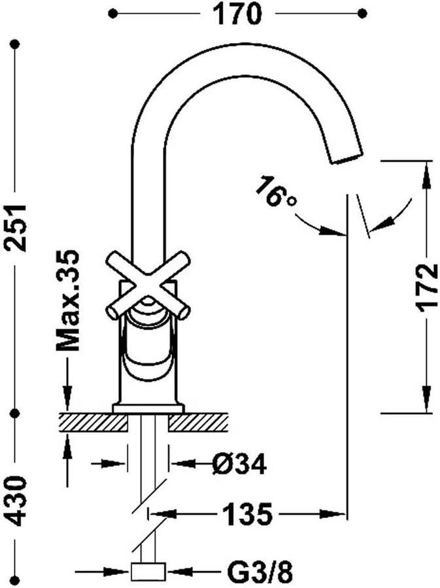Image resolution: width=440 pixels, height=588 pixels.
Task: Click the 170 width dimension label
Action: [237, 14]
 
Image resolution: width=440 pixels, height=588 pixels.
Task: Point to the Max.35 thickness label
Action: [67, 301]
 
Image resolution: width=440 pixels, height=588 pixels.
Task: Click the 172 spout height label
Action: [427, 287]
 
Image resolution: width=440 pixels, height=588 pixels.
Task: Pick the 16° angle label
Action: [276, 192]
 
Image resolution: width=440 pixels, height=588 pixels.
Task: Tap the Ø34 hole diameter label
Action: [239, 464]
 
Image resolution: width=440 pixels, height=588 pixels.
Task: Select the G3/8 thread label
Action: [260, 572]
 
